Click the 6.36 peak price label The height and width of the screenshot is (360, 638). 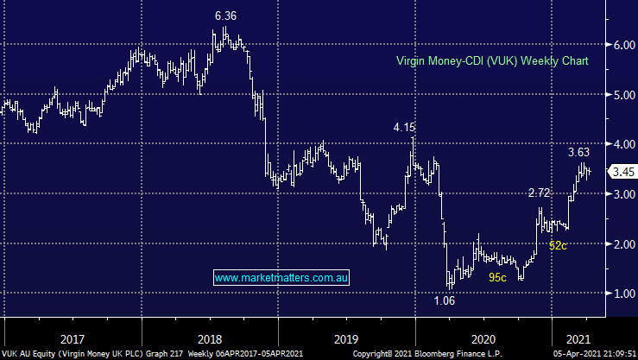pos(226,15)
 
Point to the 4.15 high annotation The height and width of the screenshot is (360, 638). pos(404,127)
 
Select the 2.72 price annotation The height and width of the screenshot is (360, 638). pos(539,192)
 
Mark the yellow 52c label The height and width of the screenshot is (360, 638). pos(558,246)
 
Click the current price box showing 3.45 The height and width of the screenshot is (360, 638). pos(622,172)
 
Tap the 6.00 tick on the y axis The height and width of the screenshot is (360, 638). pos(621,45)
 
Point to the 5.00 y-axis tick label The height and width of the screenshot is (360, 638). pos(621,95)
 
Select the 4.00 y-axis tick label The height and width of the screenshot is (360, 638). pos(621,144)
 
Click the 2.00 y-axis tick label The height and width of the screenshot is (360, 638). pos(621,244)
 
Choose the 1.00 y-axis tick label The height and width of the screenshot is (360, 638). pos(621,294)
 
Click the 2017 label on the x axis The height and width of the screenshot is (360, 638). pos(72,338)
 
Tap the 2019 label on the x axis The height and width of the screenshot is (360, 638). pos(347,338)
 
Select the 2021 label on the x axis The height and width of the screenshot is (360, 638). pos(578,338)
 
